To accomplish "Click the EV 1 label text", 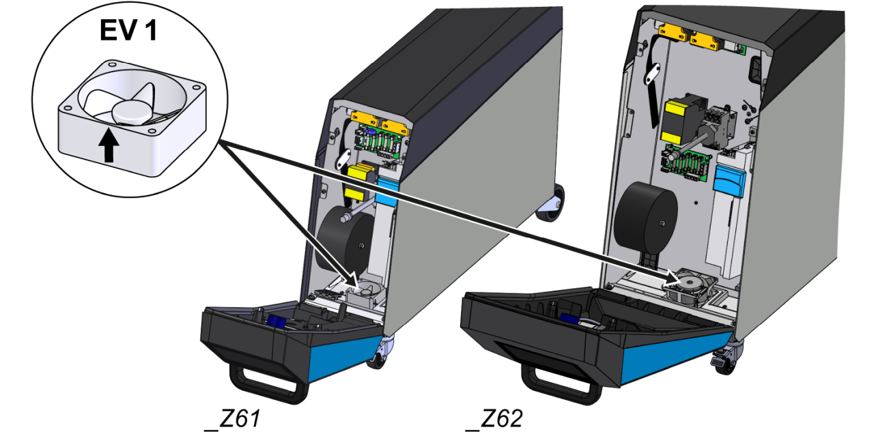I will [x=128, y=31].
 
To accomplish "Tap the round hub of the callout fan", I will [x=133, y=112].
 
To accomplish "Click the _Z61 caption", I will [x=232, y=418].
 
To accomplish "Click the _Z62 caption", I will [x=492, y=418].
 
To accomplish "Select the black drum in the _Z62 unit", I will [x=645, y=216].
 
